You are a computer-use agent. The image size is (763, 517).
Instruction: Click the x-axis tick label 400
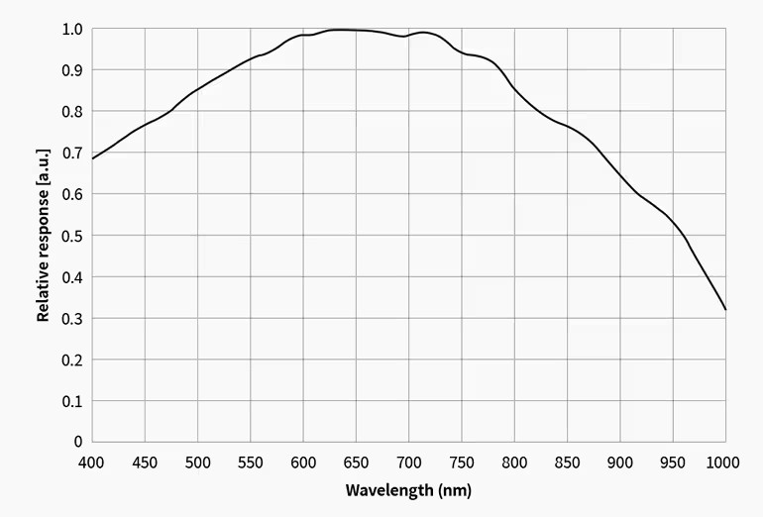pyautogui.click(x=91, y=462)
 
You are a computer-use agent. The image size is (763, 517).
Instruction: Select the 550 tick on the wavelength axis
pyautogui.click(x=250, y=462)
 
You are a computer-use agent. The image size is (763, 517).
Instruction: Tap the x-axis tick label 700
pyautogui.click(x=408, y=462)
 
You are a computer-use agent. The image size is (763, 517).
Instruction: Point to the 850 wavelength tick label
pyautogui.click(x=567, y=462)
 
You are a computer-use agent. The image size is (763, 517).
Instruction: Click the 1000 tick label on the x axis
pyautogui.click(x=723, y=462)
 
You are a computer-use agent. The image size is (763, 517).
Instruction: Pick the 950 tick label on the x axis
pyautogui.click(x=673, y=462)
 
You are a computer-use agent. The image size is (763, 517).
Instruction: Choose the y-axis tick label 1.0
pyautogui.click(x=71, y=29)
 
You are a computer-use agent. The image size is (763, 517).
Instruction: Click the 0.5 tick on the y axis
pyautogui.click(x=71, y=236)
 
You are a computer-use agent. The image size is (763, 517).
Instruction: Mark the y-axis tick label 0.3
pyautogui.click(x=71, y=318)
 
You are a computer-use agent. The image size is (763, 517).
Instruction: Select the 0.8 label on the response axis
pyautogui.click(x=71, y=112)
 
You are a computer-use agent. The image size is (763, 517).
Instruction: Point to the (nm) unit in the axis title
pyautogui.click(x=455, y=490)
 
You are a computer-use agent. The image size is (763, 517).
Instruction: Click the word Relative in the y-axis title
pyautogui.click(x=44, y=293)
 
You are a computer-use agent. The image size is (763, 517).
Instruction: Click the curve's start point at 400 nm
pyautogui.click(x=92, y=158)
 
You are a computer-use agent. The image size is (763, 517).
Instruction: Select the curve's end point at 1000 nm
pyautogui.click(x=725, y=310)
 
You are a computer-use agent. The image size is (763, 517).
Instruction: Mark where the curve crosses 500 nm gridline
pyautogui.click(x=197, y=90)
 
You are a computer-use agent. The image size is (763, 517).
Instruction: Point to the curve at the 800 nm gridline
pyautogui.click(x=514, y=88)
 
